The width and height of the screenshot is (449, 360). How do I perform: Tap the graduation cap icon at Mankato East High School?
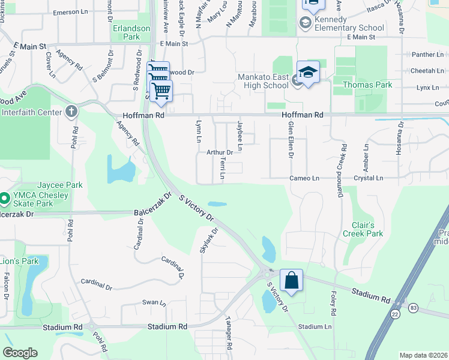(x=308, y=73)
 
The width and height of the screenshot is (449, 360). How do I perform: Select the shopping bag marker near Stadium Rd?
(x=291, y=280)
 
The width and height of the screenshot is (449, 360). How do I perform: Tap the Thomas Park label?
(x=367, y=85)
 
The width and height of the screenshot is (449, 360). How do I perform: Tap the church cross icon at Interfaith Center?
(x=71, y=111)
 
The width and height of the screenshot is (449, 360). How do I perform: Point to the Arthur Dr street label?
(x=219, y=152)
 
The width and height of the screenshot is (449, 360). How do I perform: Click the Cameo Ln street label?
(x=304, y=178)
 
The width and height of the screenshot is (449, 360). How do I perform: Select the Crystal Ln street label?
(x=369, y=178)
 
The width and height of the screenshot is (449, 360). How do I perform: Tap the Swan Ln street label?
(x=150, y=303)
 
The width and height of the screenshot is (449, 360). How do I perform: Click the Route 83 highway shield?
(x=413, y=307)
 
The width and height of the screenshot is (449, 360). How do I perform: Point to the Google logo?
(x=20, y=353)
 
